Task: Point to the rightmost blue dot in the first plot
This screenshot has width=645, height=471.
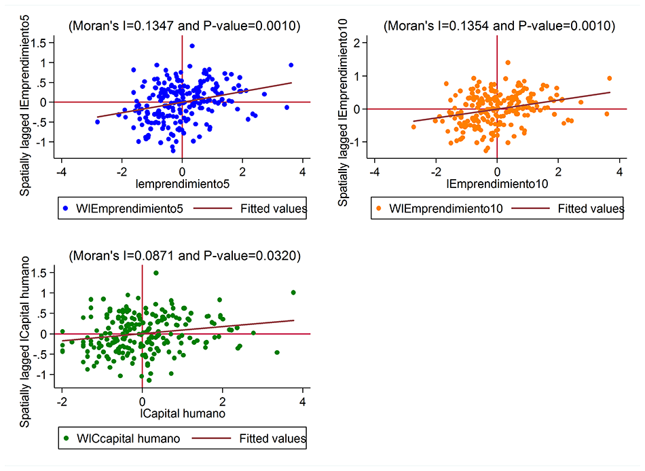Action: tap(291, 65)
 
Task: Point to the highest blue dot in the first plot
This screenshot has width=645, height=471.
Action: tap(192, 46)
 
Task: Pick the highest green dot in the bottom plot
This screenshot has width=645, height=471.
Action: tap(156, 273)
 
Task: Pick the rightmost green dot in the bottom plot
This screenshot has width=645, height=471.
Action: tap(293, 293)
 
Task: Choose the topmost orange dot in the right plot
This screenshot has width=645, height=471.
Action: tap(507, 62)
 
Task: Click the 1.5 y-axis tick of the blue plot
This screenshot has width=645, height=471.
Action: tap(45, 43)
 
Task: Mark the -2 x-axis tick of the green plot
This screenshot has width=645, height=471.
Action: tap(62, 402)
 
